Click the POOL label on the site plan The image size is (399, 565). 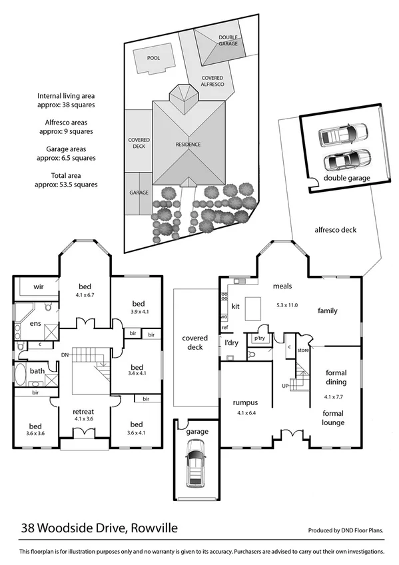click(153, 57)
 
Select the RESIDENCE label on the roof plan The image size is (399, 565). click(188, 145)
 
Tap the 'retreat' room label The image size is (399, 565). click(83, 411)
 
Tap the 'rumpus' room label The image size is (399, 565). click(244, 403)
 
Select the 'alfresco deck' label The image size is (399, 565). click(335, 230)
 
